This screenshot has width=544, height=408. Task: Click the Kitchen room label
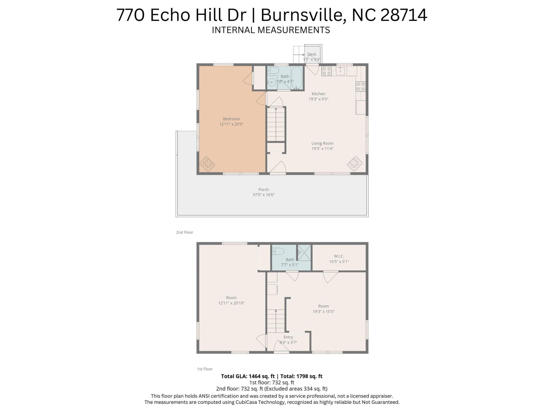318,94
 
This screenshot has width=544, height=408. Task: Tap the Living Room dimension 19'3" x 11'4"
322,148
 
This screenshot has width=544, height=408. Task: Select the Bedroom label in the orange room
231,119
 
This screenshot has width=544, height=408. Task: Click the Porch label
263,190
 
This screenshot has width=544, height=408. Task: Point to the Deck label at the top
312,54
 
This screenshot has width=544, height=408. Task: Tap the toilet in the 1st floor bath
278,251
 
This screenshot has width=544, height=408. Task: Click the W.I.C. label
339,256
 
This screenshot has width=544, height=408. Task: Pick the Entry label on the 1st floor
288,337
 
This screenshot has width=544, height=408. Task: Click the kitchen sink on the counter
340,71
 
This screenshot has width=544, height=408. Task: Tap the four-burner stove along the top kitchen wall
326,71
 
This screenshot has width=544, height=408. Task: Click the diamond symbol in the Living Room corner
355,163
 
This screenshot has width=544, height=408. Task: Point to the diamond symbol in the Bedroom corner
207,164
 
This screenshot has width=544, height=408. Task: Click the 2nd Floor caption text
184,232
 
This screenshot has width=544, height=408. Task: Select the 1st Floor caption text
205,369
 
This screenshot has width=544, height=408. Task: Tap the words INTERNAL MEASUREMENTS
271,30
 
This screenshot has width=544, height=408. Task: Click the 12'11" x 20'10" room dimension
231,303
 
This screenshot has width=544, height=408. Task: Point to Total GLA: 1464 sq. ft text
248,376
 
